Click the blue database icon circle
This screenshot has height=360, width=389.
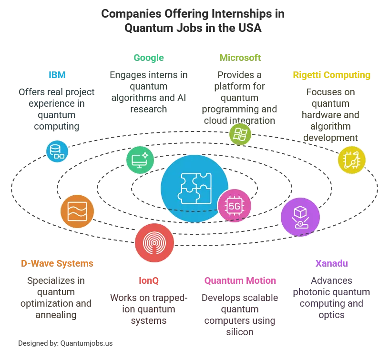[57, 151]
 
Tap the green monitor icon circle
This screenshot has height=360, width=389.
[141, 159]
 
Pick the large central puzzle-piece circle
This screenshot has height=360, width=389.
[194, 188]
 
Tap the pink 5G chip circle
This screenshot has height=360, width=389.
[234, 206]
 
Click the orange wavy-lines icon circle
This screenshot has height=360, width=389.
[77, 210]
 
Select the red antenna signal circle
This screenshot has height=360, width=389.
[154, 242]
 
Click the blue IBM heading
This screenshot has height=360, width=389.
[57, 74]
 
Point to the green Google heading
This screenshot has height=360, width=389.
[148, 57]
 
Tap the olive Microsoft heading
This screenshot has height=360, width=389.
[240, 57]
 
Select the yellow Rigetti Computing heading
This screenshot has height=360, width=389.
[331, 74]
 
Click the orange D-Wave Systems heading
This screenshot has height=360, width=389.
[57, 263]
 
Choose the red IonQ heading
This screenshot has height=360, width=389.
[148, 280]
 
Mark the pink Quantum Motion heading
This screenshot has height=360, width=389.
[240, 280]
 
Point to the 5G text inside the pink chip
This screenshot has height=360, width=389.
[234, 206]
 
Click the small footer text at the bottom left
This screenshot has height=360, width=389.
[64, 342]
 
